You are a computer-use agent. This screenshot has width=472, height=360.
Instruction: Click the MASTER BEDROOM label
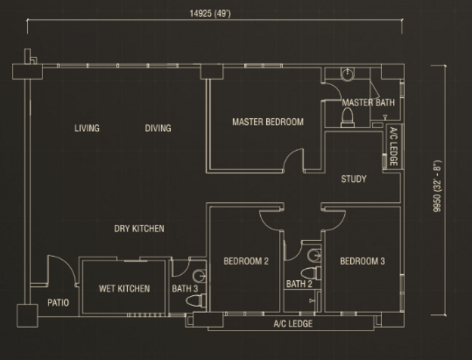click(x=267, y=122)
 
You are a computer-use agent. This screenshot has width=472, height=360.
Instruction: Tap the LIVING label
click(x=87, y=128)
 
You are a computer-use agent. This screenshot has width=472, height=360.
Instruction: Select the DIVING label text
click(x=158, y=128)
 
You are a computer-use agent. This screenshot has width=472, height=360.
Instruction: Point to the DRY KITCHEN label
click(x=139, y=229)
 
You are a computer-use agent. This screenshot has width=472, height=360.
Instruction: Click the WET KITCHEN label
click(x=124, y=289)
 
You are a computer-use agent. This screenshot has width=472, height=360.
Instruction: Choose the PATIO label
click(x=58, y=303)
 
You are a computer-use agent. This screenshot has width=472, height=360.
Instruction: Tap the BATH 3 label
click(x=185, y=289)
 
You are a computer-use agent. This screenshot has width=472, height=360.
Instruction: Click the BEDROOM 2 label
click(x=246, y=261)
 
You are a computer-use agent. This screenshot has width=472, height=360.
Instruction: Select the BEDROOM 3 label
click(x=362, y=261)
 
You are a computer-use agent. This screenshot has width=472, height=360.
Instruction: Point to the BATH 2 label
click(x=299, y=284)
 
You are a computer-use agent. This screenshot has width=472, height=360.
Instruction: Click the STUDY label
click(x=353, y=179)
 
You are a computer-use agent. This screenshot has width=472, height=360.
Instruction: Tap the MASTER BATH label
click(x=368, y=103)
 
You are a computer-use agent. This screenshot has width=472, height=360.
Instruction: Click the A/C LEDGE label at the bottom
click(x=293, y=324)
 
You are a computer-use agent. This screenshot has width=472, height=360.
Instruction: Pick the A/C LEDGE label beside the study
click(x=393, y=148)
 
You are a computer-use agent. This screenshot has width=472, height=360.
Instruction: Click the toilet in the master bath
click(x=347, y=119)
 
